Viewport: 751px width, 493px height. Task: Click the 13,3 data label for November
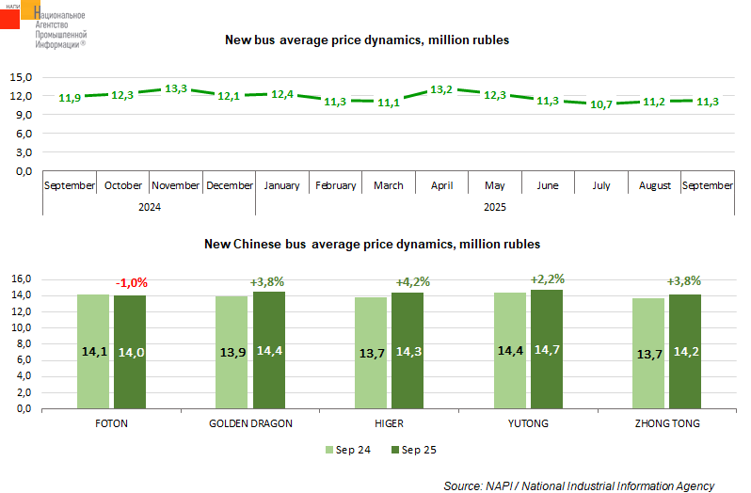(x=176, y=88)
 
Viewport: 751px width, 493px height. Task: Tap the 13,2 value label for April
(x=441, y=89)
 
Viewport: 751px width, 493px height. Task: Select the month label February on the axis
(x=335, y=185)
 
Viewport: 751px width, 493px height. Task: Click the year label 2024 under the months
(x=149, y=207)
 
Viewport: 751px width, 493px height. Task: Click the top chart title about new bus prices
(x=366, y=40)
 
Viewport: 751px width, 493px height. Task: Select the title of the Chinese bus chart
(x=372, y=245)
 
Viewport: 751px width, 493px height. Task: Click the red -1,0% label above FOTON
(x=132, y=282)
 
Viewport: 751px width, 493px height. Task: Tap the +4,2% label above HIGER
(x=407, y=280)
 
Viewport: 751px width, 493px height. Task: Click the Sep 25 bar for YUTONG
(x=547, y=349)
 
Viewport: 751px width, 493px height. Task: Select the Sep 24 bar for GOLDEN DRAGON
(x=232, y=352)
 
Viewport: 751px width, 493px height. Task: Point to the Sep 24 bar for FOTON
(x=93, y=351)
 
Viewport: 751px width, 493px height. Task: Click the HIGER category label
(x=389, y=423)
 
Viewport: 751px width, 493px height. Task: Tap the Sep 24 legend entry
(x=347, y=450)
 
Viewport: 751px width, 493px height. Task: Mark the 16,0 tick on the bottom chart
(x=21, y=279)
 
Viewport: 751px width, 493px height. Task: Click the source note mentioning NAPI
(x=579, y=485)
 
